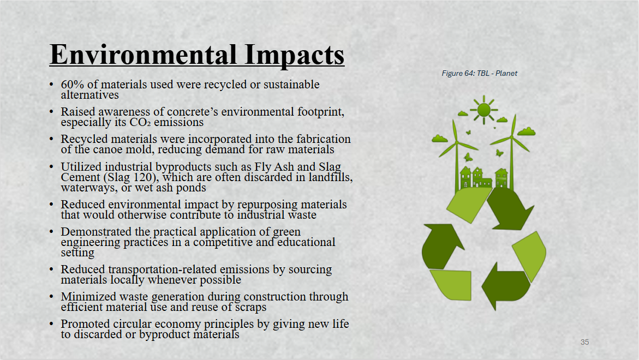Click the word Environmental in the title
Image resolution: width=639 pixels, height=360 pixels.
143,55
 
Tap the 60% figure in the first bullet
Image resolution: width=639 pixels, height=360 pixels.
73,85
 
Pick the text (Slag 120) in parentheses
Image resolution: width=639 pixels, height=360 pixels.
133,178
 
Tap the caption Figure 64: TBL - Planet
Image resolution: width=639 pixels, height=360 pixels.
479,73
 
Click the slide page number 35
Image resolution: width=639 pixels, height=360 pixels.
585,342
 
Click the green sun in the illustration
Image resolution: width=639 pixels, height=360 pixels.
483,110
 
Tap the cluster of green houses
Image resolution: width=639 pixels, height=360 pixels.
484,178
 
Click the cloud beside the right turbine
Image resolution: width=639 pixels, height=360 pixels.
526,131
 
